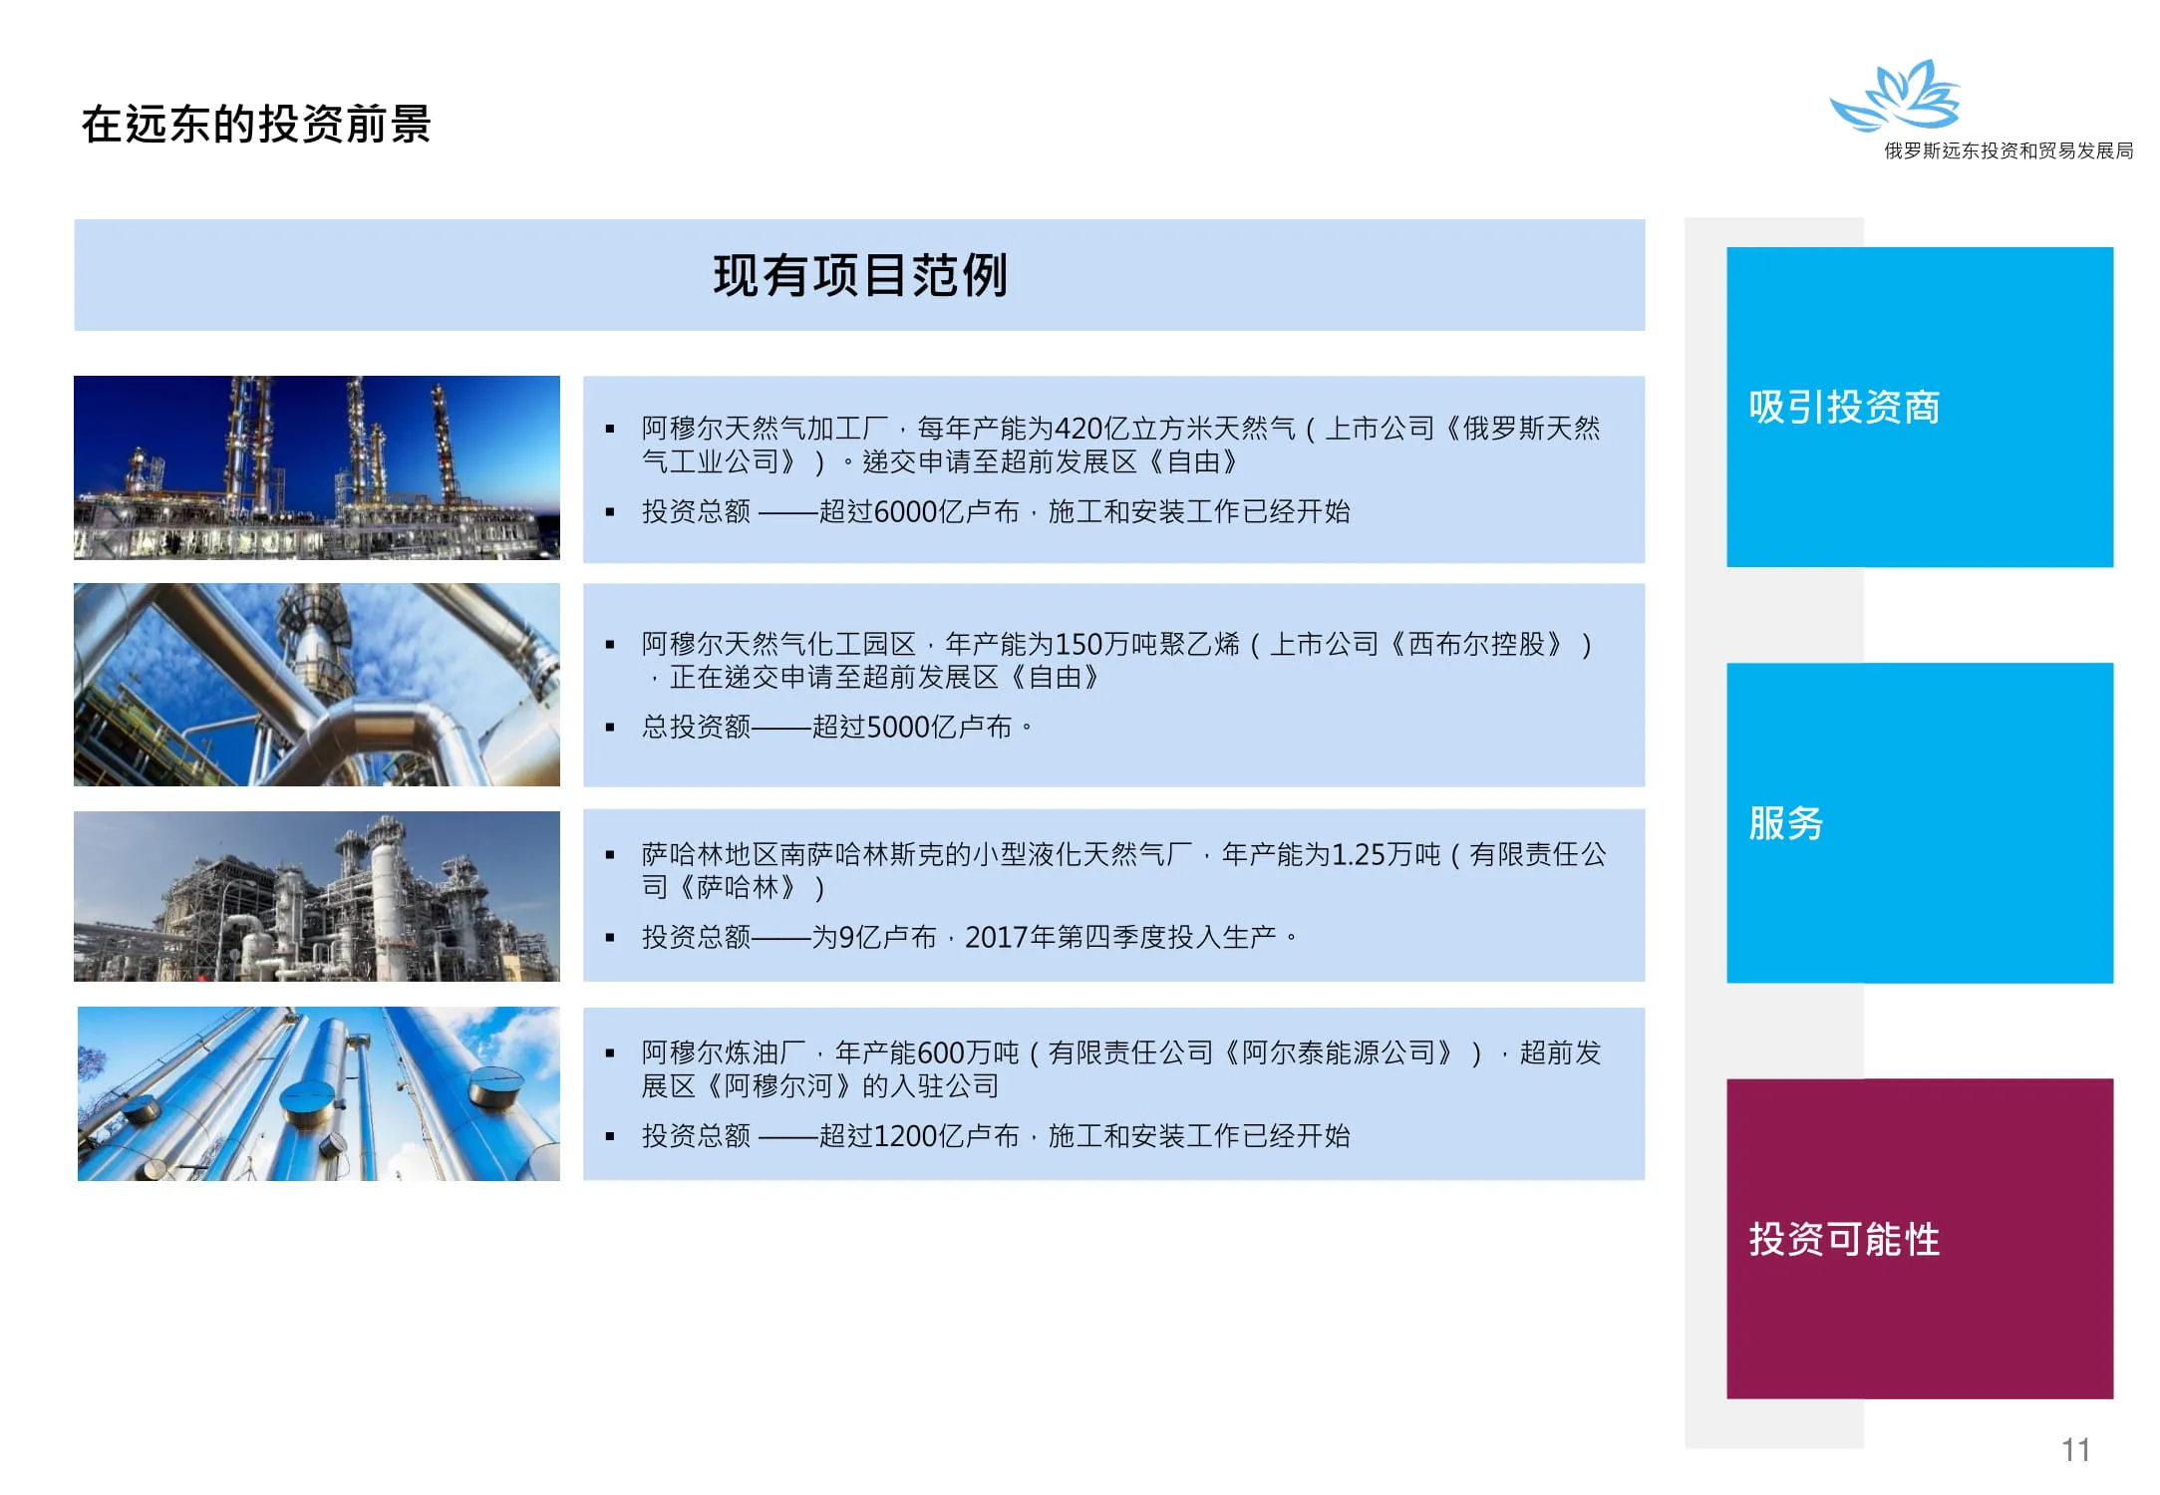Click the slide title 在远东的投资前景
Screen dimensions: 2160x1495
point(256,125)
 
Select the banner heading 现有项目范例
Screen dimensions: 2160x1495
point(860,275)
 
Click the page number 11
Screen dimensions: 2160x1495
point(2075,1449)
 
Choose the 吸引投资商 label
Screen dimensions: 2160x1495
point(1844,407)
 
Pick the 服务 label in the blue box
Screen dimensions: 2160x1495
point(1786,823)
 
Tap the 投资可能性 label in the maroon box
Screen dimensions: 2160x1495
point(1844,1239)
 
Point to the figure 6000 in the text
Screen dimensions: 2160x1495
point(905,512)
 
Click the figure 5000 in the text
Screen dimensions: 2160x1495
point(898,728)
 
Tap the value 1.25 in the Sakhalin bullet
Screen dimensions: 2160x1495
point(1359,855)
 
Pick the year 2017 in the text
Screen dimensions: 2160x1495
point(996,938)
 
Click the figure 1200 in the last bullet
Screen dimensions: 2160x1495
point(905,1136)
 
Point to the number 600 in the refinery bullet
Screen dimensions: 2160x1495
point(939,1053)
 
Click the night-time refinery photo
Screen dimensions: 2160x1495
point(317,467)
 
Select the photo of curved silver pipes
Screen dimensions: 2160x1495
point(317,685)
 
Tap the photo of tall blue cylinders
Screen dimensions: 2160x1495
point(319,1093)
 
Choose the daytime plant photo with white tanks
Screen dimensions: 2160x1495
point(317,896)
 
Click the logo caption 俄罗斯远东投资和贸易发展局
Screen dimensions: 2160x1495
point(2008,150)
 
